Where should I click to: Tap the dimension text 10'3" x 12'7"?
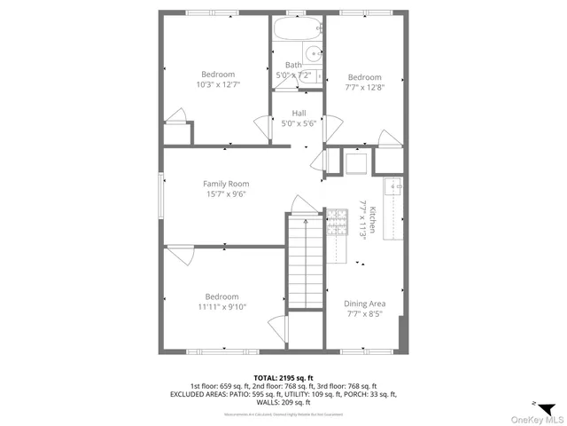tap(218, 84)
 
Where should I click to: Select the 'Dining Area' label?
tap(364, 304)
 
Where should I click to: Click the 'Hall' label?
tap(299, 113)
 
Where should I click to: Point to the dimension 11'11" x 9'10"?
tap(221, 307)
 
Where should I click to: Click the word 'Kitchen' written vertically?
tap(374, 220)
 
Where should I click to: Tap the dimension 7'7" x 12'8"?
tap(364, 88)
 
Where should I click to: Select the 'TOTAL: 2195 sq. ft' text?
tap(283, 377)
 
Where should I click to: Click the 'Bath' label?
tap(293, 65)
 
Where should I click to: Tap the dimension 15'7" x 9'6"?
tap(225, 194)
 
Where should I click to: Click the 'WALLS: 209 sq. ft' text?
tap(283, 402)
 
